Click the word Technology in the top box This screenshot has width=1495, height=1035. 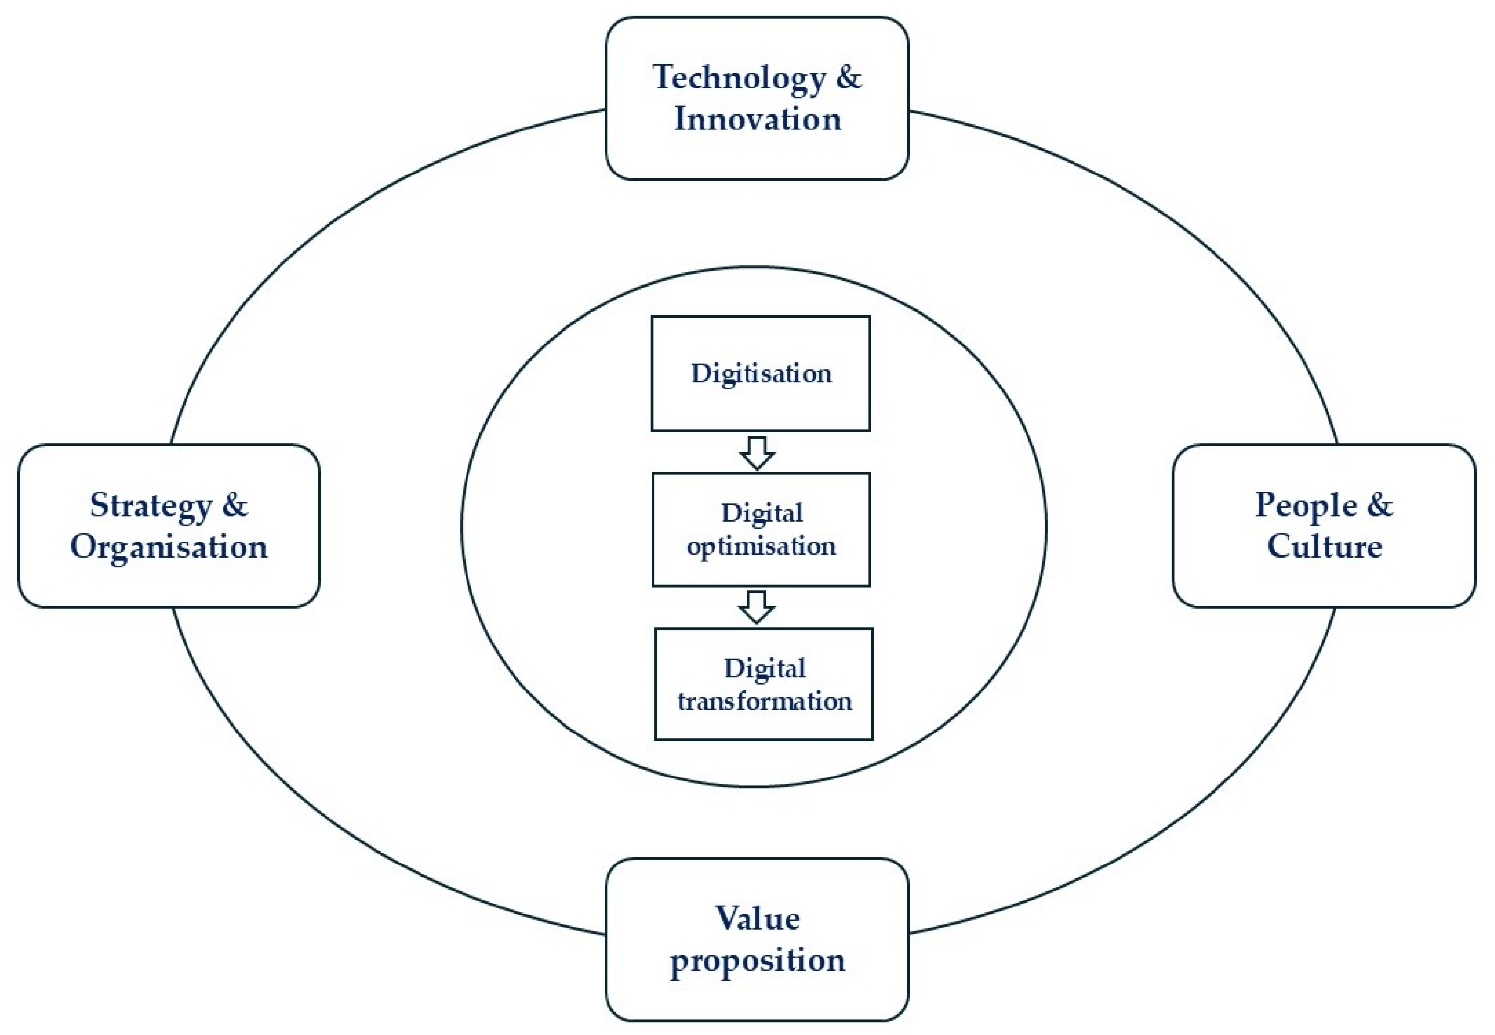pyautogui.click(x=739, y=78)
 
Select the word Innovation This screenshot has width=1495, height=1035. pyautogui.click(x=757, y=119)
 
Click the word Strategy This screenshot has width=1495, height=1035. pyautogui.click(x=150, y=506)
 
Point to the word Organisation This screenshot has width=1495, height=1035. pyautogui.click(x=169, y=547)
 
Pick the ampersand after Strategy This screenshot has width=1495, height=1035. pyautogui.click(x=235, y=505)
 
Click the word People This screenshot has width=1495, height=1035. pyautogui.click(x=1306, y=506)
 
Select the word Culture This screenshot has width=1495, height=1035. pyautogui.click(x=1324, y=547)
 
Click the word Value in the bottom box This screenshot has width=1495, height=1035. pyautogui.click(x=757, y=919)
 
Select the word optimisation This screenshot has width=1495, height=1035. pyautogui.click(x=761, y=547)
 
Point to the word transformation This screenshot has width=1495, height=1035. pyautogui.click(x=764, y=702)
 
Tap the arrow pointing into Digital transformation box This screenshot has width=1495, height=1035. pyautogui.click(x=756, y=607)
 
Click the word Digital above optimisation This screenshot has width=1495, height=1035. pyautogui.click(x=762, y=513)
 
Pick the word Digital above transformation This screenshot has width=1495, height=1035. pyautogui.click(x=765, y=669)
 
